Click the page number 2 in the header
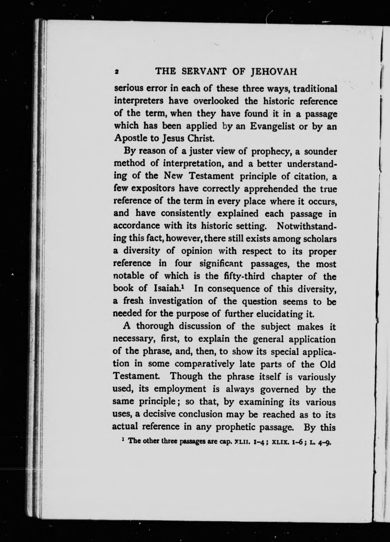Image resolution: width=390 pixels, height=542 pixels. [116, 72]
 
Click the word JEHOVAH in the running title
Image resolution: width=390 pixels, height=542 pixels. [274, 72]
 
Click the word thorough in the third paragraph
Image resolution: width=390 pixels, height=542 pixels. [154, 326]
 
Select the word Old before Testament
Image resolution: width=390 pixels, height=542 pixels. [328, 364]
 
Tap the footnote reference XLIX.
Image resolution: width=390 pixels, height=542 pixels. [280, 442]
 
